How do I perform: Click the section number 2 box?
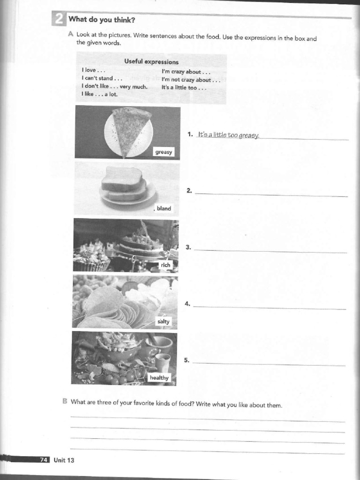click(58, 19)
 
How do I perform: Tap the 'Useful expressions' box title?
click(151, 61)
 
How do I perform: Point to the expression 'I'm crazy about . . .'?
click(186, 72)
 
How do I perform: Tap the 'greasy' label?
click(164, 152)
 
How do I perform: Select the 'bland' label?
click(164, 208)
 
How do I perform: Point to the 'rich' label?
click(166, 265)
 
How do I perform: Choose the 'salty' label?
click(164, 322)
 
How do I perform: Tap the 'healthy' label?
click(159, 378)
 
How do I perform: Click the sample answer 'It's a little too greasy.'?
click(228, 135)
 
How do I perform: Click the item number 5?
click(187, 360)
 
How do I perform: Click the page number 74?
click(43, 460)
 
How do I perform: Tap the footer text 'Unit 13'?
click(64, 460)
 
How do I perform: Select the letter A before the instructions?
click(70, 34)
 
